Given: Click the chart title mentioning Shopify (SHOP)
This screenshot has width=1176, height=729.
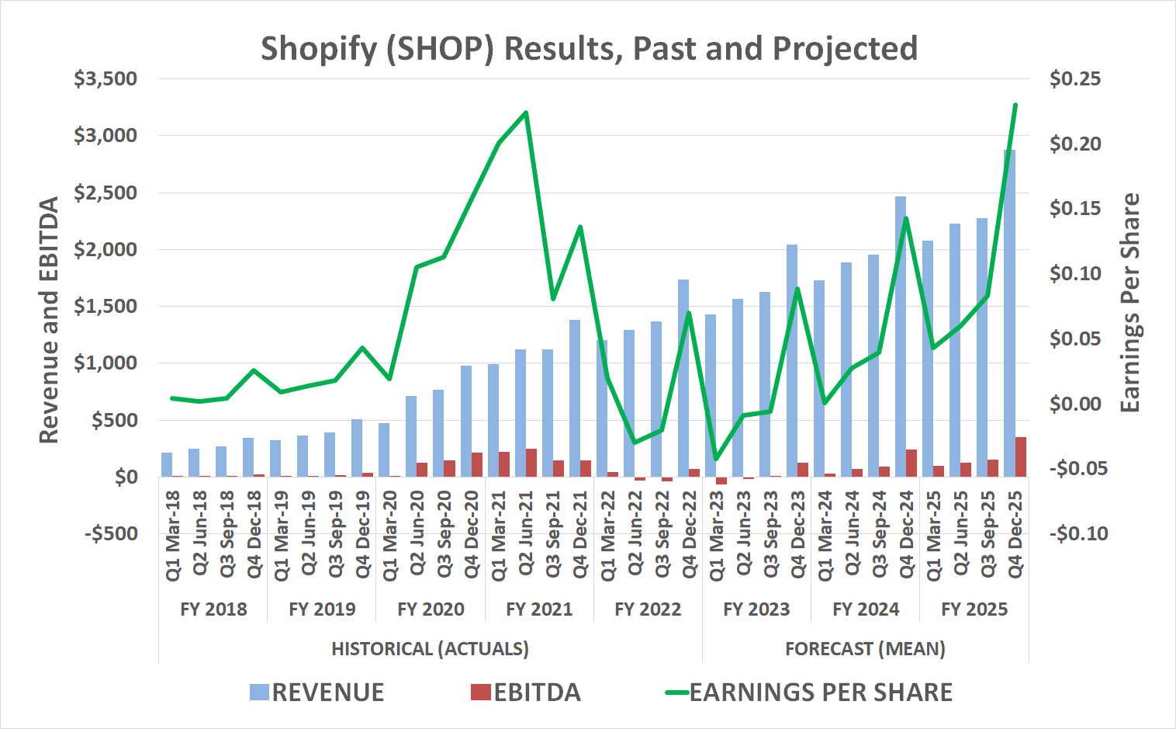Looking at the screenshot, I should click(589, 48).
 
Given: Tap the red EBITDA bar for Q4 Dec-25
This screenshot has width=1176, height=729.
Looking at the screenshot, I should click(1021, 456).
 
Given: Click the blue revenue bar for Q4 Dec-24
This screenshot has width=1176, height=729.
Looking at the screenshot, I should click(901, 334).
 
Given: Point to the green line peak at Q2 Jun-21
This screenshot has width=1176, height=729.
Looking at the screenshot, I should click(526, 113).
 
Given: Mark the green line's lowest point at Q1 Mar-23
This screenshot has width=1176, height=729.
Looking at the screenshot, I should click(715, 459).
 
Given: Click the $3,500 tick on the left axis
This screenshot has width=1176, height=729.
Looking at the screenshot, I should click(105, 79).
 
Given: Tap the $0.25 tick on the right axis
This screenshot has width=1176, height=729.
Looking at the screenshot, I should click(1074, 79).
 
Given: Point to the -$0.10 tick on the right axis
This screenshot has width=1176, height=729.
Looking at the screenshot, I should click(1078, 534).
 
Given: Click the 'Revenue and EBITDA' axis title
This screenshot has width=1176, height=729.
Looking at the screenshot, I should click(49, 320).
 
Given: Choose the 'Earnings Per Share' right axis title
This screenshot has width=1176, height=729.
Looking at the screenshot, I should click(1130, 303).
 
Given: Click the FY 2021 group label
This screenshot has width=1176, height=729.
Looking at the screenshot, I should click(539, 609).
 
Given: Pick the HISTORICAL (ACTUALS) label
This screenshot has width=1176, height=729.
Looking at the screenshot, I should click(430, 649).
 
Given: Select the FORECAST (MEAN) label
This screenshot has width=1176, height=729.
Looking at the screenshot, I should click(865, 649).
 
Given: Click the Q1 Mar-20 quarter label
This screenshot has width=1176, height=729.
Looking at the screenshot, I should click(390, 535).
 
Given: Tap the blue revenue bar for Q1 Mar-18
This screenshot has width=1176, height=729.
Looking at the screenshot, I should click(167, 464).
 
